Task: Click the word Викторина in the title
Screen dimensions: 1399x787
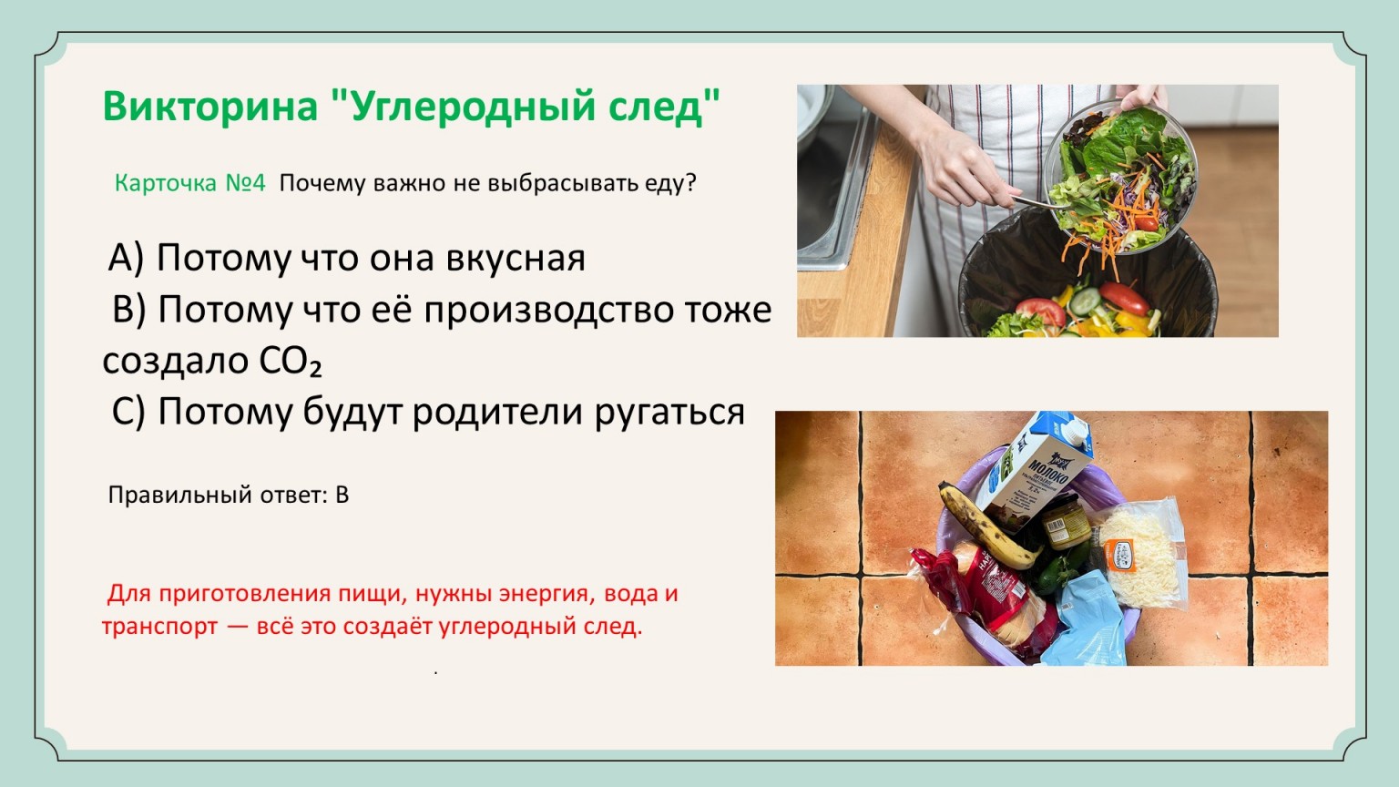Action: (210, 106)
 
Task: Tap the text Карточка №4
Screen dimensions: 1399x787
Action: (189, 183)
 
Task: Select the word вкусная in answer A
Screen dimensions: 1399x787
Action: (516, 258)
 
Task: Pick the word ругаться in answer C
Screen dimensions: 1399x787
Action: (669, 414)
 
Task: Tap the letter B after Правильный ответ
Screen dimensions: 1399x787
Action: (342, 495)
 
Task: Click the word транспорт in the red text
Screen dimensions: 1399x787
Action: (160, 627)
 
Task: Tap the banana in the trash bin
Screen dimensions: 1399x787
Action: (986, 526)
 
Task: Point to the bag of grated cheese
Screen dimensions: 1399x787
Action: (1139, 553)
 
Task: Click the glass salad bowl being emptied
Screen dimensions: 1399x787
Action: (1121, 178)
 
